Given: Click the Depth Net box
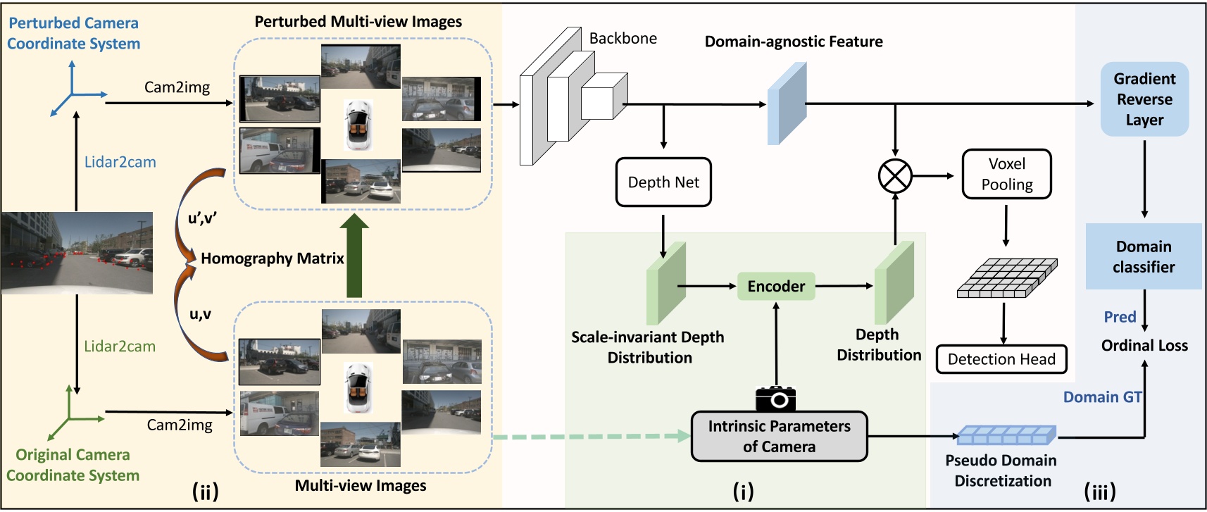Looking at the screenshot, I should pos(663,182).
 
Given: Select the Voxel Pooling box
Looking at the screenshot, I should pos(1006,174).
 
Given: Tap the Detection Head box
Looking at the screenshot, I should pos(1001,359).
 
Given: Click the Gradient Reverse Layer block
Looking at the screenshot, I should pos(1144,99).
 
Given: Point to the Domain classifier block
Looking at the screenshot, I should pos(1144,256).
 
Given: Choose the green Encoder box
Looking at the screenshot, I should pos(775,286).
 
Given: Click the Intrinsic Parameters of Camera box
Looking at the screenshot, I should pos(779,437).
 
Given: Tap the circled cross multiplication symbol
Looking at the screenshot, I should pos(895,176).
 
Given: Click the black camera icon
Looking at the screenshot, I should pos(775,399).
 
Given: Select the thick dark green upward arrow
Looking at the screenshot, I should pos(354,256).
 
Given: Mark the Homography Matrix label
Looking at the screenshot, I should pos(273,258).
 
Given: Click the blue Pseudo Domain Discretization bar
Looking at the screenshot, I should pos(1006,435).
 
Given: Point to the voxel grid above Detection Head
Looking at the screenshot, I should pos(1006,277).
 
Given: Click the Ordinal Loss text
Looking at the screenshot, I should pos(1144,346).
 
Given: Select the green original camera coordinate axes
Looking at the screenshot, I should pos(70,413).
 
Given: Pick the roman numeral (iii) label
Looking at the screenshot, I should pos(1100,491).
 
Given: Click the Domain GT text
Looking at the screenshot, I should pos(1102,397).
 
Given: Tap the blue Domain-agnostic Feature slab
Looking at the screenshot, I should pos(786,104).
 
